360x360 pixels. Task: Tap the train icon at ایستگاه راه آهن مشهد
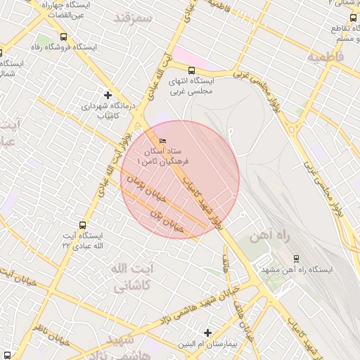click(295, 258)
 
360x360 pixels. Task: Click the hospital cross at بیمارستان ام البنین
click(207, 332)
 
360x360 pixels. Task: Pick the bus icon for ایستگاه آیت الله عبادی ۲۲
click(83, 226)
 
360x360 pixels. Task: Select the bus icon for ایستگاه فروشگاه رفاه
click(64, 37)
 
